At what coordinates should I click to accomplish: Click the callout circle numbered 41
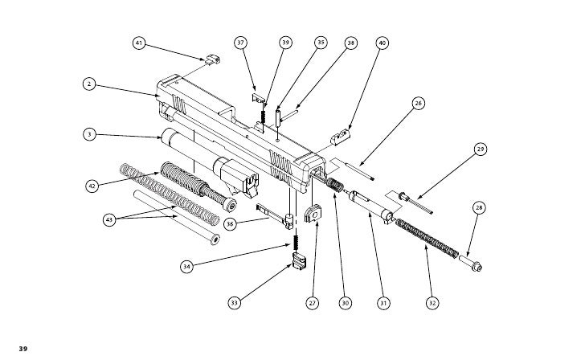point(139,43)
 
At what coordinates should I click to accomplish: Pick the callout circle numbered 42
point(92,186)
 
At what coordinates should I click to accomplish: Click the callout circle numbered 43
point(110,219)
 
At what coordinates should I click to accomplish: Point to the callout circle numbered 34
point(186,265)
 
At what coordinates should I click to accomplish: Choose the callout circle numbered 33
point(234,303)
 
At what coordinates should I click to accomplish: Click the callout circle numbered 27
point(312,303)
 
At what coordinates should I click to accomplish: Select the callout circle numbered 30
point(345,303)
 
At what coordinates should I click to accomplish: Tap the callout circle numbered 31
point(384,303)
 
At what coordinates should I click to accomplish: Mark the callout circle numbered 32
point(433,303)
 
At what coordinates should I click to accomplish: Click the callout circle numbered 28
point(479,208)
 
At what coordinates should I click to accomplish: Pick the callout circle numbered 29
point(481,149)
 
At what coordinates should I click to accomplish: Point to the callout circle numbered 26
point(418,103)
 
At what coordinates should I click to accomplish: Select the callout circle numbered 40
point(382,43)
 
